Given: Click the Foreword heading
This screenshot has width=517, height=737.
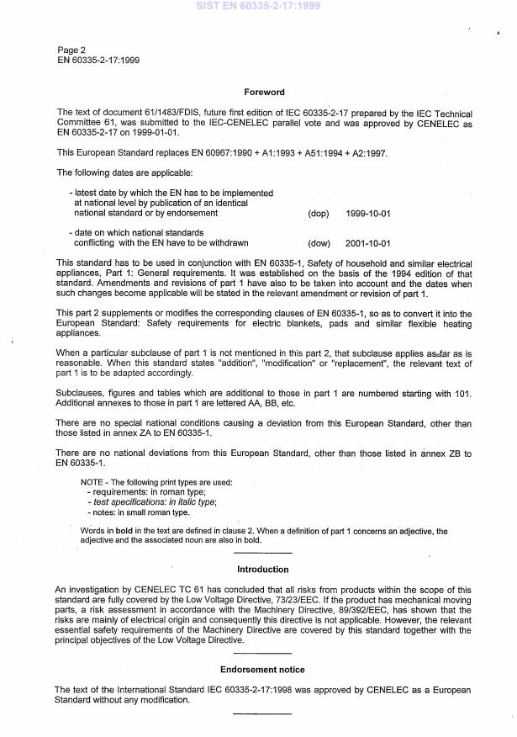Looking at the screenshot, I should pyautogui.click(x=264, y=93).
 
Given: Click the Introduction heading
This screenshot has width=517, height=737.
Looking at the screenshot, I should pyautogui.click(x=263, y=570).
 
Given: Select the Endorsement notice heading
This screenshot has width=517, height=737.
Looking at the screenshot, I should pyautogui.click(x=263, y=670).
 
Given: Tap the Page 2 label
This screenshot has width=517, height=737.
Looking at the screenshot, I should pyautogui.click(x=71, y=50).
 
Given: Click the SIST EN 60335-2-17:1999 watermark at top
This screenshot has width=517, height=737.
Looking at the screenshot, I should pyautogui.click(x=258, y=6).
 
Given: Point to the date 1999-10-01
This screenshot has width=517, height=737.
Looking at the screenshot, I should pyautogui.click(x=367, y=215).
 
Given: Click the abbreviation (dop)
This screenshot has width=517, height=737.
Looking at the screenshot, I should pyautogui.click(x=319, y=215).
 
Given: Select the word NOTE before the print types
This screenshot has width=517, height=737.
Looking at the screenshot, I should pyautogui.click(x=92, y=483).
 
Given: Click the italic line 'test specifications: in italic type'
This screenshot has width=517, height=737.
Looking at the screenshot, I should pyautogui.click(x=153, y=502).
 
